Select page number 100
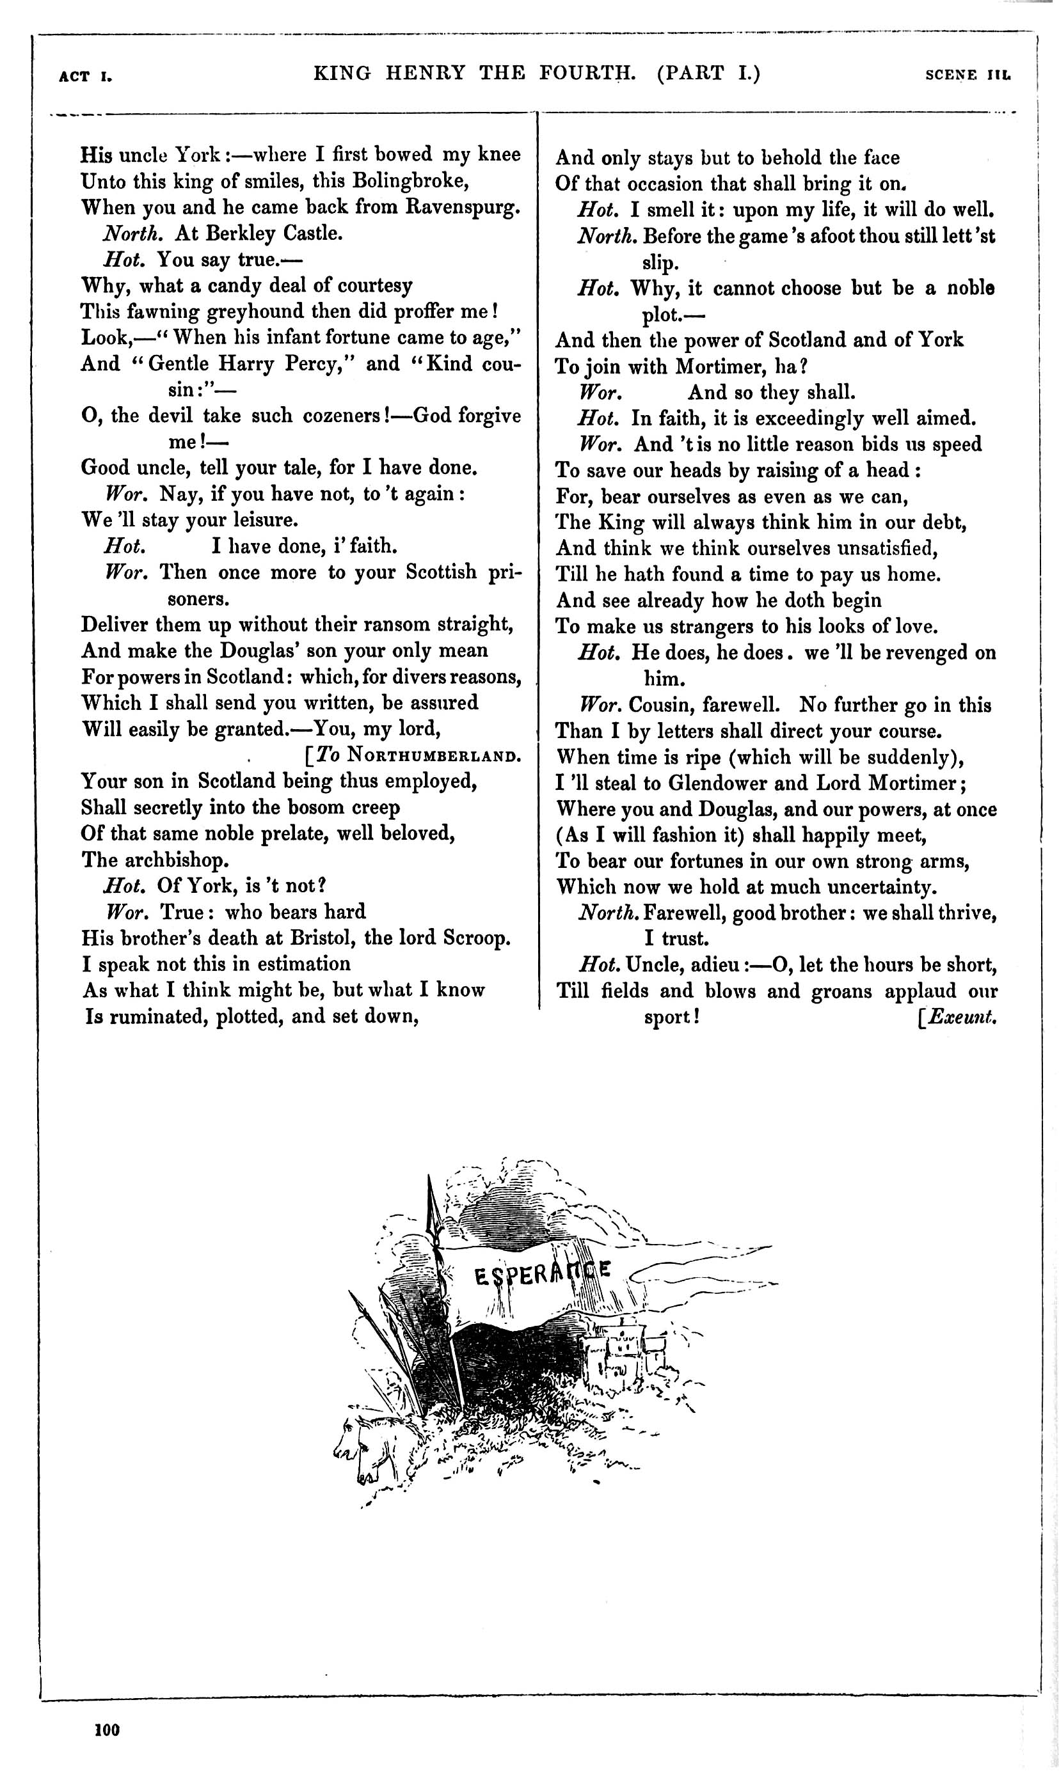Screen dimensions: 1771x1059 click(107, 1729)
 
